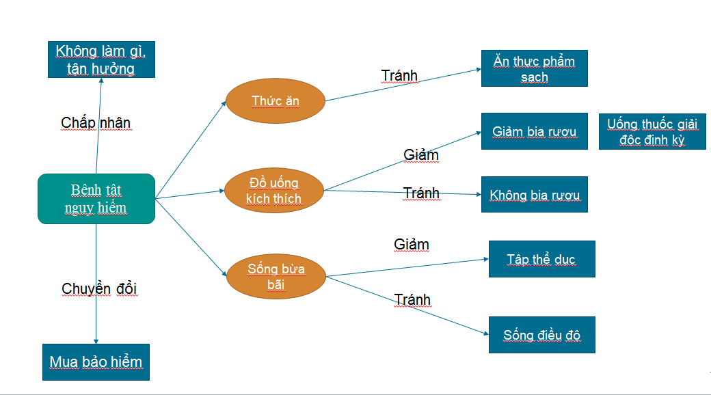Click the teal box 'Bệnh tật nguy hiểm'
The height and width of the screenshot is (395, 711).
(96, 199)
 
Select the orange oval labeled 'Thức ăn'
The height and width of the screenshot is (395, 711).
(276, 101)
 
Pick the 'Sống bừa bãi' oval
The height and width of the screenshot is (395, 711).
(276, 277)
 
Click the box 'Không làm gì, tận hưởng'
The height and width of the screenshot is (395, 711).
(101, 59)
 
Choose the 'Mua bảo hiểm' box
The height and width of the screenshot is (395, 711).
(96, 362)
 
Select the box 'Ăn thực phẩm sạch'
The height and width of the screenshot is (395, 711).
(534, 68)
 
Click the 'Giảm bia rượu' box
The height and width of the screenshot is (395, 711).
(534, 131)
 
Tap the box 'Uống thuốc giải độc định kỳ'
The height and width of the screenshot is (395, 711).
(652, 132)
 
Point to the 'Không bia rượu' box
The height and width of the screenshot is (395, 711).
(534, 195)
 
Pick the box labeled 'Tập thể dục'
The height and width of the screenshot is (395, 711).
(541, 259)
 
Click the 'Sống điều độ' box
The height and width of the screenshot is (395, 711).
(541, 335)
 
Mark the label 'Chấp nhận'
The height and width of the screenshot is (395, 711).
(96, 123)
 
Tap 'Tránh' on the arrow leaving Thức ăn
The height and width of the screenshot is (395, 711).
(399, 76)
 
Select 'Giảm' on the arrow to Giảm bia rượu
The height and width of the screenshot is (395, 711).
(421, 155)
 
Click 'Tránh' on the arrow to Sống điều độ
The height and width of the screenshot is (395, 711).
(413, 299)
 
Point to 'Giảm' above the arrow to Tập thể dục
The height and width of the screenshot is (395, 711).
(412, 244)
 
